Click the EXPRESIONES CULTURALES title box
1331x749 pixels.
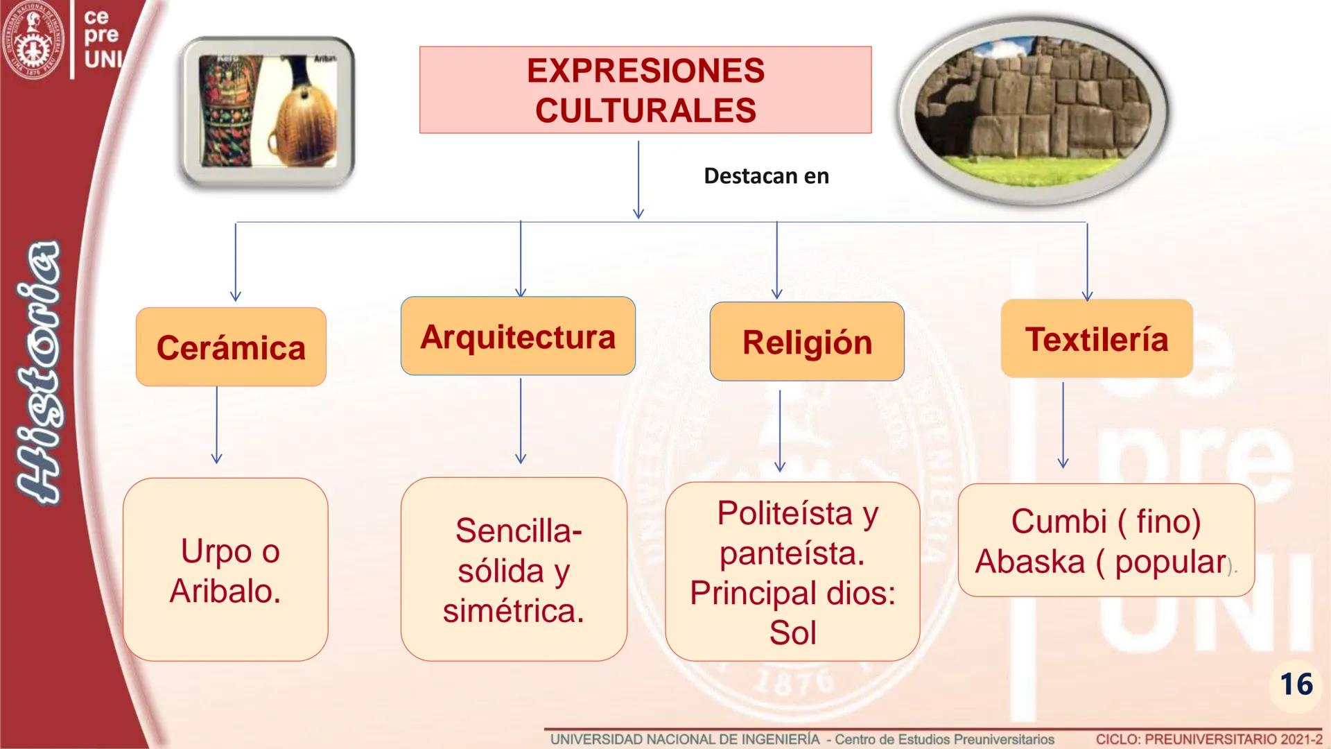pos(645,90)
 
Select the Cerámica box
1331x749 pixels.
pos(231,347)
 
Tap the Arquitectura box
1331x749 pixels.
pos(518,336)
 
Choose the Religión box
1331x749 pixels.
pos(807,342)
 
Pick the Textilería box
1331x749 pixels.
pos(1096,339)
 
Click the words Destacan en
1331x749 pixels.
pos(766,176)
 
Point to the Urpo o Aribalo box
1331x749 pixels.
pos(225,569)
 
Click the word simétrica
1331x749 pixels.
pos(513,611)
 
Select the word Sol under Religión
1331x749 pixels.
pos(792,632)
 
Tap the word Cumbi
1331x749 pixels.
pos(1058,521)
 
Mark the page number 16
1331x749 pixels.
pos(1296,685)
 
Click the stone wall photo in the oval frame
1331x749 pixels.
pos(1033,111)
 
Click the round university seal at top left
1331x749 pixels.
pos(33,39)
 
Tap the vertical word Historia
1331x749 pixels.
pos(38,371)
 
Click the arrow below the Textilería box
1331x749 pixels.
pos(1063,424)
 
